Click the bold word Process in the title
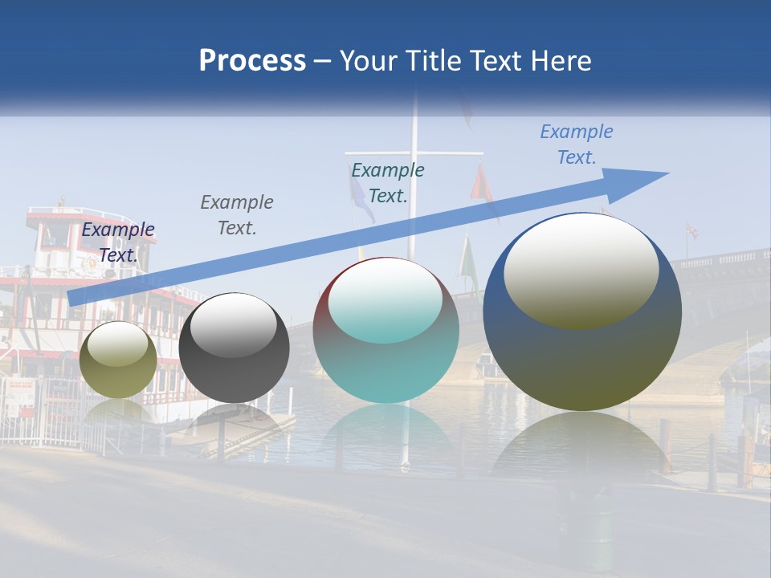[252, 61]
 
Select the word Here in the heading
[561, 61]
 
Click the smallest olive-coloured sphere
[118, 360]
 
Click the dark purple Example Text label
[118, 242]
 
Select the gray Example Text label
[237, 215]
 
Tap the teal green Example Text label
[388, 182]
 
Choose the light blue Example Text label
[577, 144]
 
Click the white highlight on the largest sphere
[581, 271]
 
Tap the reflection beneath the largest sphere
[581, 450]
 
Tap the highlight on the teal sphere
[385, 300]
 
